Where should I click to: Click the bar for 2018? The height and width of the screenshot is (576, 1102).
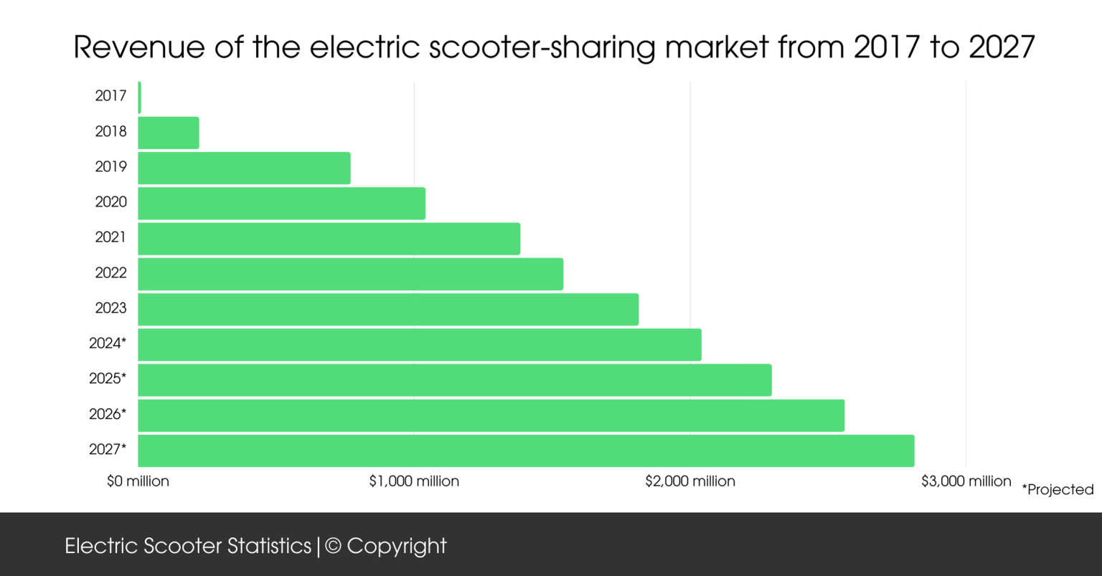[x=169, y=133]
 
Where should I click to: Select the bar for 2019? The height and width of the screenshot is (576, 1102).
[x=244, y=168]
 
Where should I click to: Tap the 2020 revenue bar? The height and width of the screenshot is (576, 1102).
[x=281, y=203]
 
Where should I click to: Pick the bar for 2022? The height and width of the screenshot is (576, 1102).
[x=350, y=274]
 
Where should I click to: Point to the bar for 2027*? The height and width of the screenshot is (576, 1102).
[x=526, y=450]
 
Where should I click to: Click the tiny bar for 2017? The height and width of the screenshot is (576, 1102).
[x=139, y=98]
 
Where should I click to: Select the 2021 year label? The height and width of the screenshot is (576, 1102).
[x=110, y=237]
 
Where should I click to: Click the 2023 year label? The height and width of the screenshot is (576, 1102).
[x=110, y=308]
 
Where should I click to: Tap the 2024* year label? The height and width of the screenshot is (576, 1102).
[x=108, y=343]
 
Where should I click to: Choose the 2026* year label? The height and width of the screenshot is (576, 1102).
[x=108, y=414]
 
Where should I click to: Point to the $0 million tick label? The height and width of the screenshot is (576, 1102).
[x=138, y=481]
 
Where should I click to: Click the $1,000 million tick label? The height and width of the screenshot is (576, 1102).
[x=414, y=481]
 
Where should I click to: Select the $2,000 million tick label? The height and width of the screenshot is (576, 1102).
[x=690, y=481]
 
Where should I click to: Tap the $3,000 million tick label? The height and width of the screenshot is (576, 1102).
[x=966, y=481]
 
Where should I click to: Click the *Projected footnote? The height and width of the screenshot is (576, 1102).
[x=1058, y=490]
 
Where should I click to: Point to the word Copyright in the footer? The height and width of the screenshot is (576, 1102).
[x=397, y=547]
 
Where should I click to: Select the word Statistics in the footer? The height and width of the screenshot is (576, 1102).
[x=269, y=547]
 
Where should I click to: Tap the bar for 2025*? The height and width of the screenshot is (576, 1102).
[x=455, y=380]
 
